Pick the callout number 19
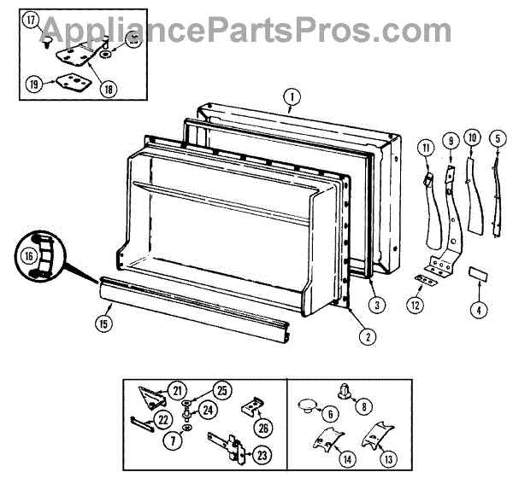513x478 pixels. [34, 84]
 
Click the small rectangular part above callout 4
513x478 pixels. [475, 275]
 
